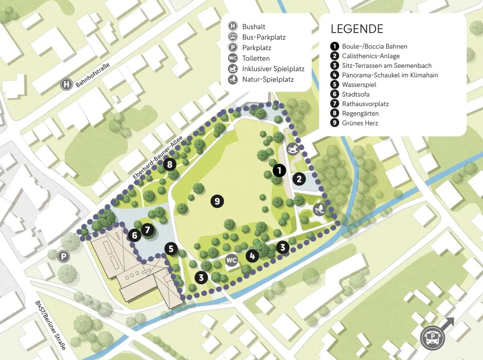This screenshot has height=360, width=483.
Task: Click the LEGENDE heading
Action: click(357, 28)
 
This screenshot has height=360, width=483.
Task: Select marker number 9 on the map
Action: click(217, 201)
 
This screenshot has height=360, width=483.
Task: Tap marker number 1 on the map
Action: click(279, 170)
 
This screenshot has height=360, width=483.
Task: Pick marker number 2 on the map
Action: click(299, 179)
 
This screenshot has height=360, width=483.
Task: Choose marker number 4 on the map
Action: click(252, 256)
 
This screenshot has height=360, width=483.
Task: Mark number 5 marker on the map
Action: click(171, 249)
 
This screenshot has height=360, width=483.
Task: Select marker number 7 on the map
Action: click(148, 230)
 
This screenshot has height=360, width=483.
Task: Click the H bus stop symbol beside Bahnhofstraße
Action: click(67, 85)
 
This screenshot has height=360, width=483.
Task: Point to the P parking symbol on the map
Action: click(63, 256)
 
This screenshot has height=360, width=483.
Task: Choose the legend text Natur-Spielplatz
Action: click(268, 79)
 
